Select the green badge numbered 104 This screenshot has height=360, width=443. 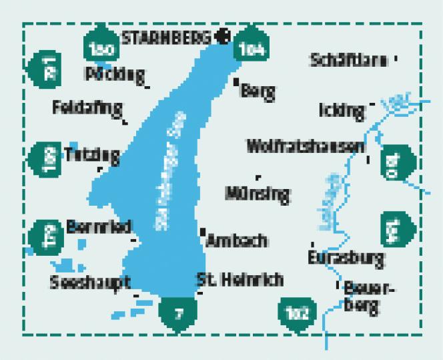click(x=251, y=47)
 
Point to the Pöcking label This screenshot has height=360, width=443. click(x=115, y=73)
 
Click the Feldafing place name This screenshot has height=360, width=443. click(x=87, y=107)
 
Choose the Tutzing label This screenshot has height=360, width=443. click(x=92, y=155)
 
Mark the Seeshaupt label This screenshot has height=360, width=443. click(x=89, y=283)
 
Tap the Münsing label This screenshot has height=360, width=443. click(x=258, y=194)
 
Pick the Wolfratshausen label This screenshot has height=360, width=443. click(x=305, y=146)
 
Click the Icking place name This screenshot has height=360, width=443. click(x=342, y=110)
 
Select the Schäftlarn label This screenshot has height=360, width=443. click(x=349, y=60)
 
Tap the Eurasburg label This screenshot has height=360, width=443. click(x=346, y=256)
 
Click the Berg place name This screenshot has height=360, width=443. click(x=260, y=92)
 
